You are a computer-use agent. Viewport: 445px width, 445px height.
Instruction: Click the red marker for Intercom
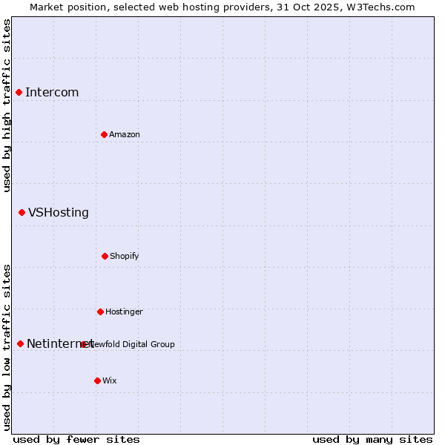point(19,92)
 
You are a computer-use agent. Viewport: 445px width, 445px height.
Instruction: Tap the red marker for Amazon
point(104,134)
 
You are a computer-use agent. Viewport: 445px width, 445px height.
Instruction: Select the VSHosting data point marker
point(22,212)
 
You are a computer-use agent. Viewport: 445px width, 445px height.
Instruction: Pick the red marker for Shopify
point(105,256)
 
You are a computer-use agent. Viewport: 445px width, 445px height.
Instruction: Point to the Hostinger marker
point(100,311)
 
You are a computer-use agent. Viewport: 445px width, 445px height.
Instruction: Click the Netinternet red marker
point(20,343)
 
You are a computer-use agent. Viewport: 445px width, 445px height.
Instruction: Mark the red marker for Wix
point(97,380)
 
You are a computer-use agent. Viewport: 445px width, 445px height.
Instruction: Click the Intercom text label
point(52,92)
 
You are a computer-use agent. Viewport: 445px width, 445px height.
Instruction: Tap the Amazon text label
point(125,134)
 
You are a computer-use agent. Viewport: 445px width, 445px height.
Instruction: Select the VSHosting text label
point(59,212)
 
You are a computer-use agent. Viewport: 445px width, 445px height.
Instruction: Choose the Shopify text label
point(125,256)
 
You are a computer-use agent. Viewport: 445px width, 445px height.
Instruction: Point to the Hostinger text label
point(124,311)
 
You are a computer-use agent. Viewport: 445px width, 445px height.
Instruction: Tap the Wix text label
point(110,380)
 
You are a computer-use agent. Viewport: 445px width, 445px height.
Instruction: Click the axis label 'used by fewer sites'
point(76,439)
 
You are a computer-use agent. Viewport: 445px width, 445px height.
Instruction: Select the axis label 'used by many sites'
point(372,439)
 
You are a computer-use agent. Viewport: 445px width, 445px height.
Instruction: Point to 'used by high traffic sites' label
point(7,105)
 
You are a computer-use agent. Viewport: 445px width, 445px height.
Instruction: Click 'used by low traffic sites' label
point(7,347)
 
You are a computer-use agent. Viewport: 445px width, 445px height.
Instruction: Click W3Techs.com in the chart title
point(379,7)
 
